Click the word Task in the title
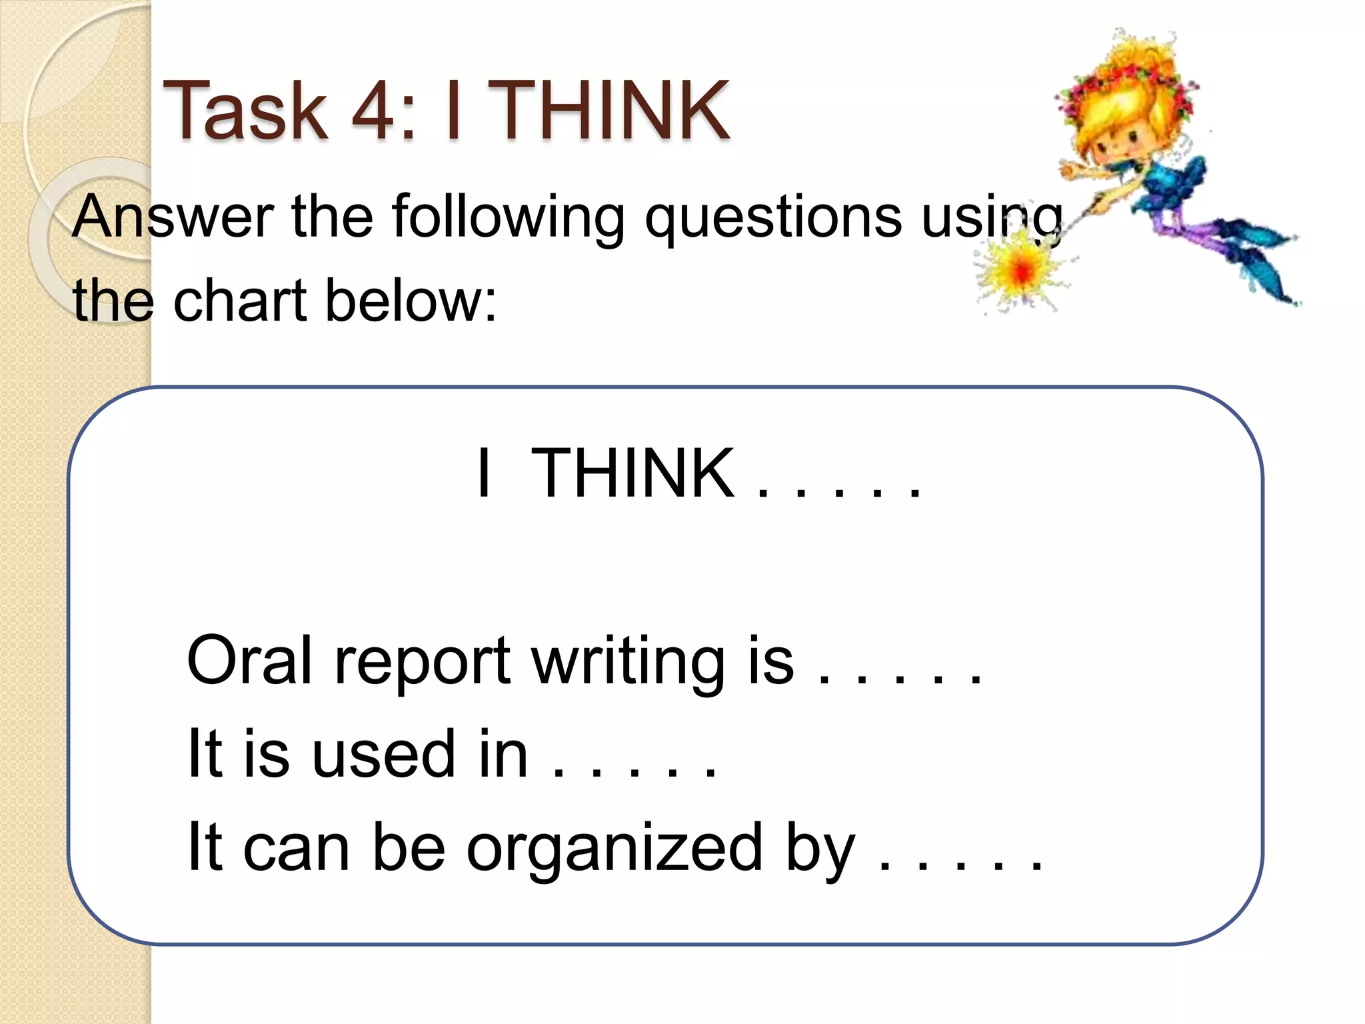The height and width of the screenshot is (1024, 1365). coord(245,110)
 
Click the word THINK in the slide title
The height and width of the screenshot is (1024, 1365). coord(613,110)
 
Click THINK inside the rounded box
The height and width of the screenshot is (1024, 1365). coord(633,473)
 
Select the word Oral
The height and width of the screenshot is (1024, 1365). coord(250,660)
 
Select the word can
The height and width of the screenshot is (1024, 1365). coord(296,848)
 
